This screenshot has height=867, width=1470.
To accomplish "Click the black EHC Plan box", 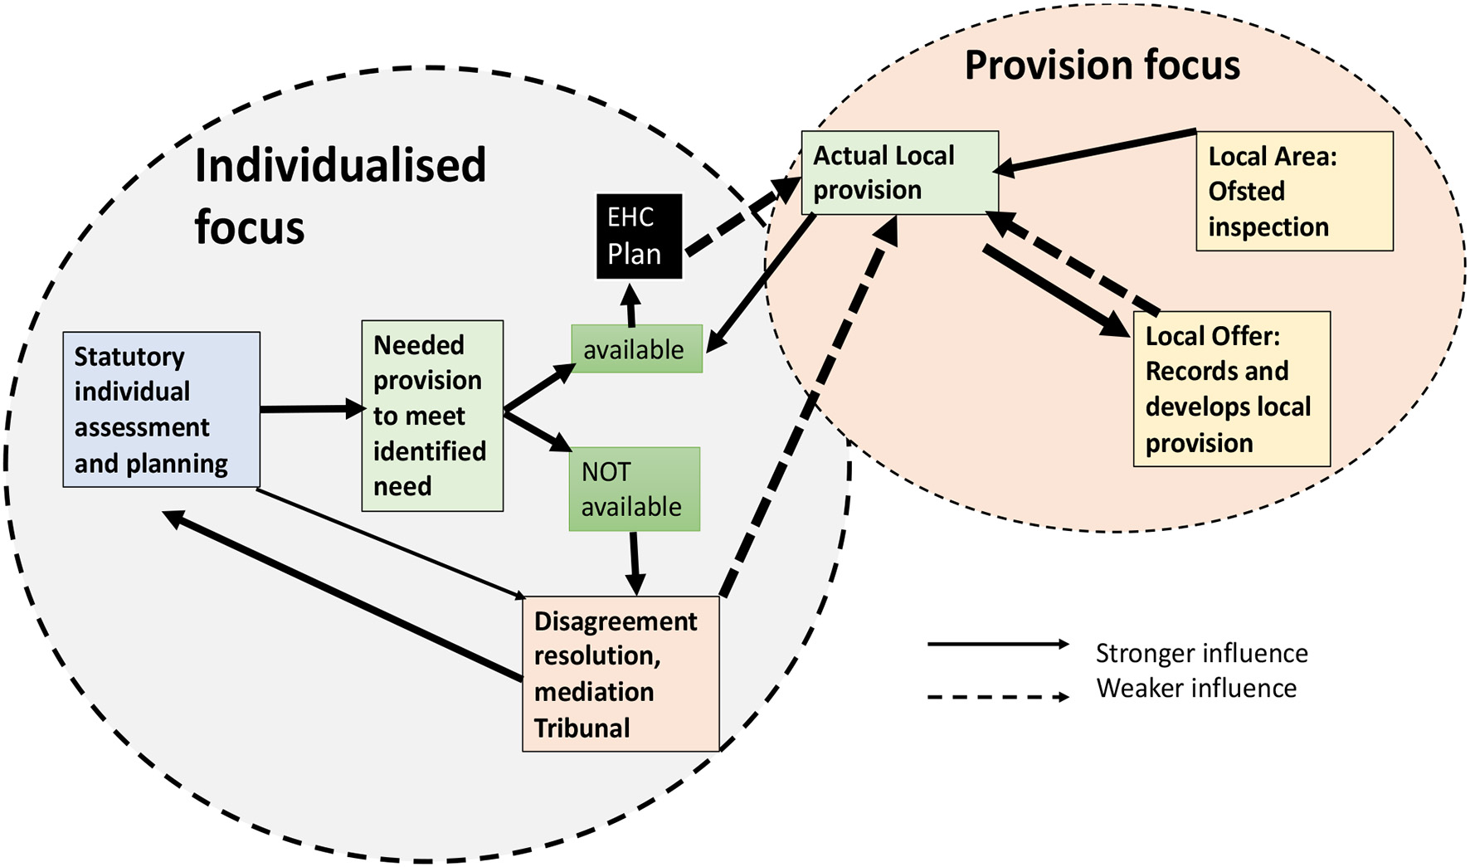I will (x=639, y=236).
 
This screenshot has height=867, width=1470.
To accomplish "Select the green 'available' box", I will (x=636, y=349).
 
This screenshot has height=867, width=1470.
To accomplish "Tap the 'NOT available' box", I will (x=634, y=490).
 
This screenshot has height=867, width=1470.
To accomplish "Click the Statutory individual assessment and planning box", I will (x=161, y=410).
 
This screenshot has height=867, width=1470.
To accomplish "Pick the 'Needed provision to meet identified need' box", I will (x=432, y=416).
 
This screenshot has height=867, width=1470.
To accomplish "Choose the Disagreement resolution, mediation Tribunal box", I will (x=620, y=674).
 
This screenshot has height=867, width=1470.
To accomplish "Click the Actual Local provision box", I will (x=899, y=173).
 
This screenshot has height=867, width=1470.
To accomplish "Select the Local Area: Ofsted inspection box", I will (x=1293, y=192).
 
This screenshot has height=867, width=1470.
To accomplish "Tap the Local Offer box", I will (x=1231, y=389).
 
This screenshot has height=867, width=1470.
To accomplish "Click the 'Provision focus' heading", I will (x=1102, y=66).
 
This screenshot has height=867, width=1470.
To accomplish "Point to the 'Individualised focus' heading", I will (x=340, y=196).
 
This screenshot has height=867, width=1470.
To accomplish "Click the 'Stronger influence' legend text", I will (x=1200, y=653).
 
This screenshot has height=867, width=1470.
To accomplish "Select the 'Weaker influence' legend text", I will (x=1195, y=688).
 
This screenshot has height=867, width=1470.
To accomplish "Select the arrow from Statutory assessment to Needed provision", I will (x=311, y=409).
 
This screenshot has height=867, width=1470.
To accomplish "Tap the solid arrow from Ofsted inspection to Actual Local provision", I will (x=1095, y=150).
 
